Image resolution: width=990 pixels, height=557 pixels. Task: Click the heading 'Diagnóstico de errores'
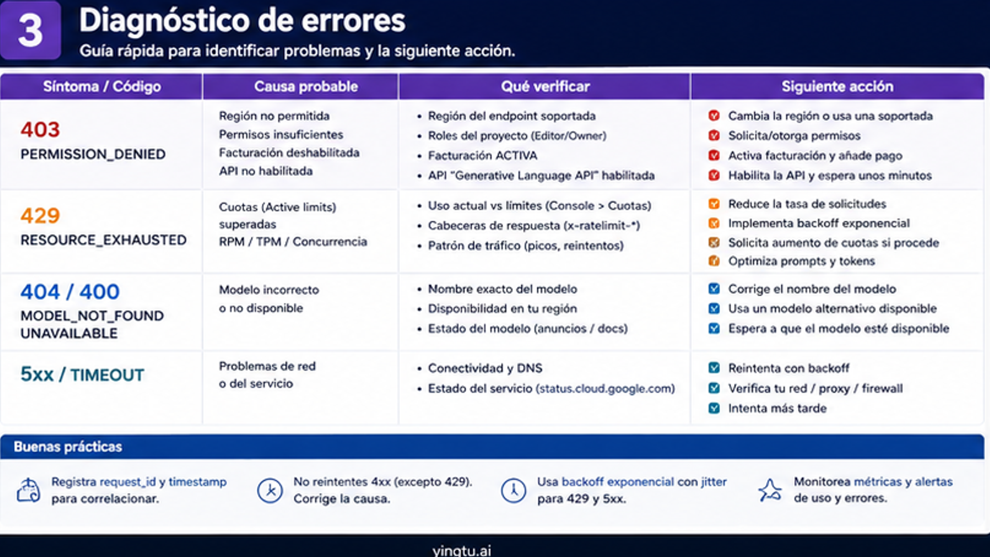(x=242, y=21)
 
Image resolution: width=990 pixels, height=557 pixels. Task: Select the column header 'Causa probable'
(x=306, y=87)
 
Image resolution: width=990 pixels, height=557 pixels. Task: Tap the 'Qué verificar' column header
(x=545, y=87)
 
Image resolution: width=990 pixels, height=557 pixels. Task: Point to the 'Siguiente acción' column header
(x=837, y=87)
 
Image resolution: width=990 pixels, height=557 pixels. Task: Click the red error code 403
(x=40, y=130)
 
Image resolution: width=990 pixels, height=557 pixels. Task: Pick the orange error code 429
(x=40, y=215)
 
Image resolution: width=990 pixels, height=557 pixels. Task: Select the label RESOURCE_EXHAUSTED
(x=103, y=240)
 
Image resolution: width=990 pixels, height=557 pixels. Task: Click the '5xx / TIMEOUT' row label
(x=82, y=375)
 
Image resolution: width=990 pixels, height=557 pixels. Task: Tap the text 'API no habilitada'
(x=266, y=171)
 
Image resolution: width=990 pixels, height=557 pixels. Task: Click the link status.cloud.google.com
(x=605, y=388)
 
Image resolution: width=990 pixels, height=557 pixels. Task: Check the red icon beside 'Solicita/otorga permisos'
(x=714, y=135)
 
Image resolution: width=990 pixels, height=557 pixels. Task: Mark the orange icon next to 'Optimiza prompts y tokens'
(x=714, y=261)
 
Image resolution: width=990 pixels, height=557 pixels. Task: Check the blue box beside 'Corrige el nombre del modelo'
(x=714, y=289)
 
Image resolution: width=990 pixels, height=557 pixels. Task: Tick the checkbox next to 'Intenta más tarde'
(x=714, y=408)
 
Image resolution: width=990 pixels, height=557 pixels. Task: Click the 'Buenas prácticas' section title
(x=68, y=447)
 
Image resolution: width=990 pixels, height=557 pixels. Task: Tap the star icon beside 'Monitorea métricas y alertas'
(x=769, y=490)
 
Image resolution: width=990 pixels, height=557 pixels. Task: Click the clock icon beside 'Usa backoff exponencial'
(x=513, y=490)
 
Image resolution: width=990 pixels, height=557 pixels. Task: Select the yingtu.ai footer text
(x=462, y=550)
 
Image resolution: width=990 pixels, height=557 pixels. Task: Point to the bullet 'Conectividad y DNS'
(x=485, y=368)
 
